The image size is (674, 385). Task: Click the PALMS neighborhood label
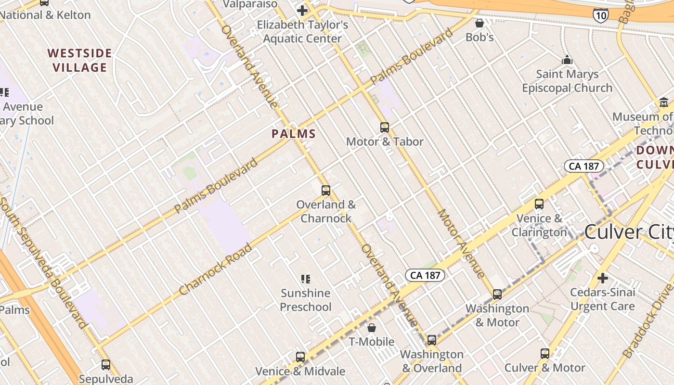pyautogui.click(x=294, y=134)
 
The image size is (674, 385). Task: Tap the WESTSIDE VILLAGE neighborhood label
pyautogui.click(x=80, y=60)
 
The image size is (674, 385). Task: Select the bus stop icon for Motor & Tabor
pyautogui.click(x=384, y=128)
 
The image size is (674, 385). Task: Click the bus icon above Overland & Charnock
pyautogui.click(x=326, y=191)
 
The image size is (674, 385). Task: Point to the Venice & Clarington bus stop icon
pyautogui.click(x=539, y=204)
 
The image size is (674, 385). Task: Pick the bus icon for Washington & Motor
pyautogui.click(x=497, y=295)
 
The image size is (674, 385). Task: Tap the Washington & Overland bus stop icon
pyautogui.click(x=432, y=340)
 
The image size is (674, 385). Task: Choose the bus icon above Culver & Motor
pyautogui.click(x=544, y=354)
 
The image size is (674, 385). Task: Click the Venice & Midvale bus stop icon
pyautogui.click(x=300, y=357)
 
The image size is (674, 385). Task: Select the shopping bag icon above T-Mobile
pyautogui.click(x=372, y=328)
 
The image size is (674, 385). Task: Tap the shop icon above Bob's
pyautogui.click(x=480, y=23)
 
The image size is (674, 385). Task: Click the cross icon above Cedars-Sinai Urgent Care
pyautogui.click(x=602, y=278)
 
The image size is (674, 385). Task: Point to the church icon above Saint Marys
pyautogui.click(x=567, y=60)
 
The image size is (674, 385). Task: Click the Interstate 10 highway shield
pyautogui.click(x=600, y=15)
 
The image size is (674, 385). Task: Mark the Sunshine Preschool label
pyautogui.click(x=306, y=300)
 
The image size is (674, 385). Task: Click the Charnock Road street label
pyautogui.click(x=215, y=269)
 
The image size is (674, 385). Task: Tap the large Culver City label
pyautogui.click(x=628, y=232)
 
